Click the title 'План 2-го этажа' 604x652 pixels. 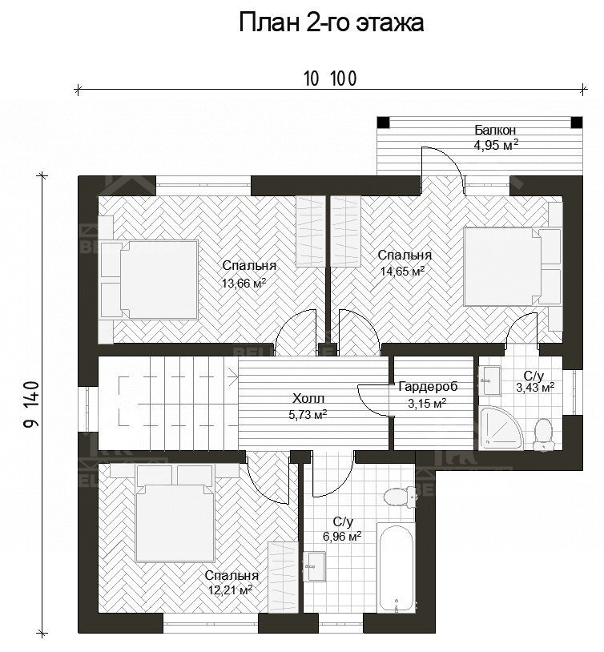(x=331, y=22)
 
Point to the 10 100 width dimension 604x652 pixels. (x=330, y=78)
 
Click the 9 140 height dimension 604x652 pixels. (x=32, y=404)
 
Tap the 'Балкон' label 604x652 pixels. (x=495, y=130)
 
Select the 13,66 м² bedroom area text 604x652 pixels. (x=244, y=284)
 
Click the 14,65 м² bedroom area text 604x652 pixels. (x=402, y=271)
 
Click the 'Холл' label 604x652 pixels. (x=308, y=399)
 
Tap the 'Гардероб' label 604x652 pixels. (x=428, y=387)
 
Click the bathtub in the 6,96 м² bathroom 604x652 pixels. (x=396, y=567)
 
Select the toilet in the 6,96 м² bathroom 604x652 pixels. (x=400, y=497)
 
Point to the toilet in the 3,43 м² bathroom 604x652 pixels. (x=542, y=435)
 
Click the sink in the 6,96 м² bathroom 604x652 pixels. (x=315, y=565)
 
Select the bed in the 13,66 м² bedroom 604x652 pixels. (x=148, y=280)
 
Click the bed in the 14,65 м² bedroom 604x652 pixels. (x=513, y=267)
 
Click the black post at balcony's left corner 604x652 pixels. (x=383, y=123)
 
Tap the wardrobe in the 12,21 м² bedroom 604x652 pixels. (x=283, y=577)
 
